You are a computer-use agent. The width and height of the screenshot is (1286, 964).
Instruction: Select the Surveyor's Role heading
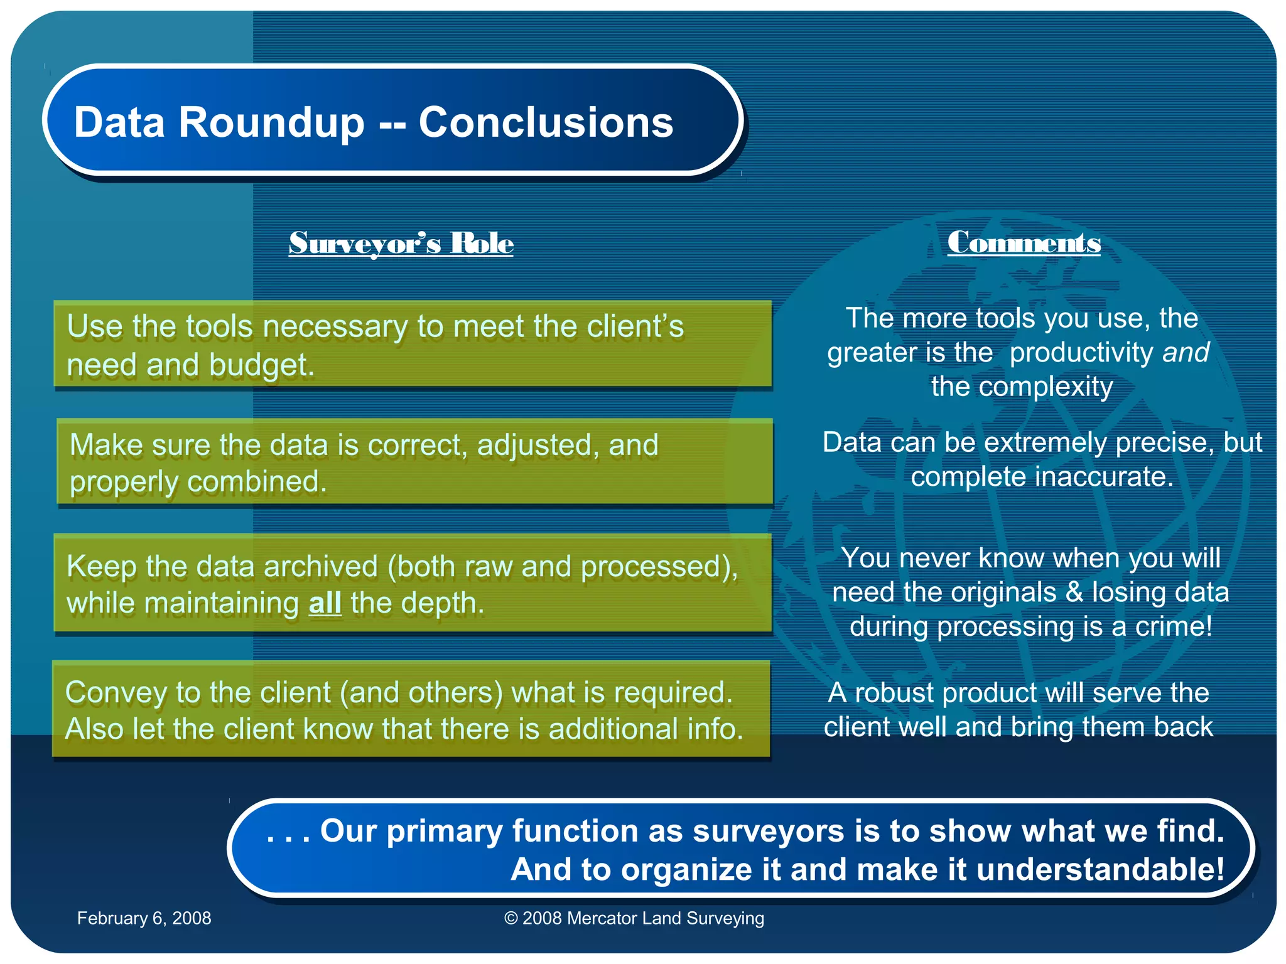401,244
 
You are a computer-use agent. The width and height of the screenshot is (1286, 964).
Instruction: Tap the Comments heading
1024,243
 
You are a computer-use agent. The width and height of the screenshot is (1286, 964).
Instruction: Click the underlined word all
325,604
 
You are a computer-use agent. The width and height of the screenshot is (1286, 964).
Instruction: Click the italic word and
1186,352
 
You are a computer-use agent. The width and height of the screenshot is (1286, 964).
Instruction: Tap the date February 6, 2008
144,918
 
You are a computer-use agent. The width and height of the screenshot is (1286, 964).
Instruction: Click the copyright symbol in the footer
511,918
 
